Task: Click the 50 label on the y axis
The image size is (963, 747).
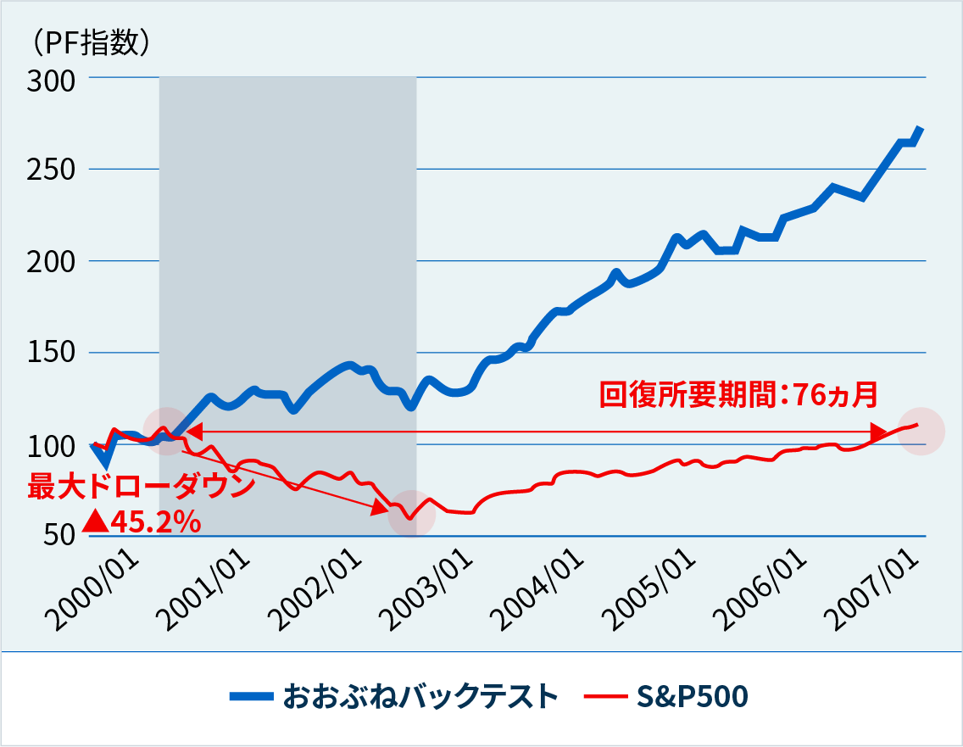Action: click(59, 536)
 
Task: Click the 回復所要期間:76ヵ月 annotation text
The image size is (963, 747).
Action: click(737, 394)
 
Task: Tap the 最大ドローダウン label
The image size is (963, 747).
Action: click(141, 488)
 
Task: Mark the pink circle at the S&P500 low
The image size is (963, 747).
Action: click(411, 514)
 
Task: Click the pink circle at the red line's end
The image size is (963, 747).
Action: click(921, 431)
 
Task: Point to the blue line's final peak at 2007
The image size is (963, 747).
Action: click(921, 129)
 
